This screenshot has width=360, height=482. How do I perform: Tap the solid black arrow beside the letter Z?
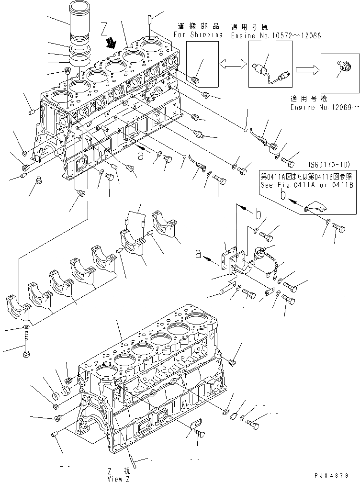(112, 44)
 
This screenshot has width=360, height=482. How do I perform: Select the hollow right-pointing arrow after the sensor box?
(305, 69)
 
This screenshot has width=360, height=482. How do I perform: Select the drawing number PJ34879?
(337, 476)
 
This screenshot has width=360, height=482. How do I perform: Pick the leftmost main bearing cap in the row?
(18, 307)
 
